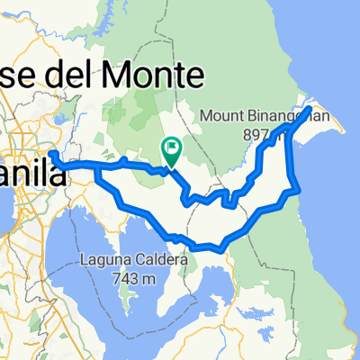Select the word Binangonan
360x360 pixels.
[279, 115]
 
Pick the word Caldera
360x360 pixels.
[164, 262]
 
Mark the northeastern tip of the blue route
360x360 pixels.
[310, 108]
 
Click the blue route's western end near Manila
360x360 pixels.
[51, 154]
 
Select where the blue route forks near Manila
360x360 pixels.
[95, 165]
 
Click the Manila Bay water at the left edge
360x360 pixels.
[9, 225]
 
